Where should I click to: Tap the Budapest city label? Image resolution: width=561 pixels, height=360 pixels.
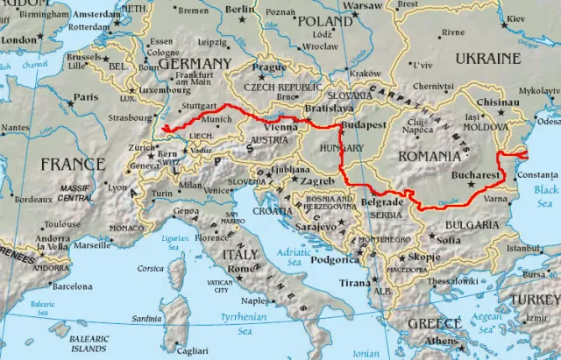(366, 125)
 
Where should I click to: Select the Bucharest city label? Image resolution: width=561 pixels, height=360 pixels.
(476, 175)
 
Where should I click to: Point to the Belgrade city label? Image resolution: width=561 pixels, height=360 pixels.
(383, 202)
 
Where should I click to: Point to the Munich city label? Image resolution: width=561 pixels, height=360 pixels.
(217, 118)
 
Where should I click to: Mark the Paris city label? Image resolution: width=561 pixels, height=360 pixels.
(85, 97)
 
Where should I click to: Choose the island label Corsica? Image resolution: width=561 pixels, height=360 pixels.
(151, 268)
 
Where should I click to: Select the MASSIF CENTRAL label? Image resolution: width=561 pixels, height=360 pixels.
(77, 193)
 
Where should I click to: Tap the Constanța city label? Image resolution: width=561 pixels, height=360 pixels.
(537, 176)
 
